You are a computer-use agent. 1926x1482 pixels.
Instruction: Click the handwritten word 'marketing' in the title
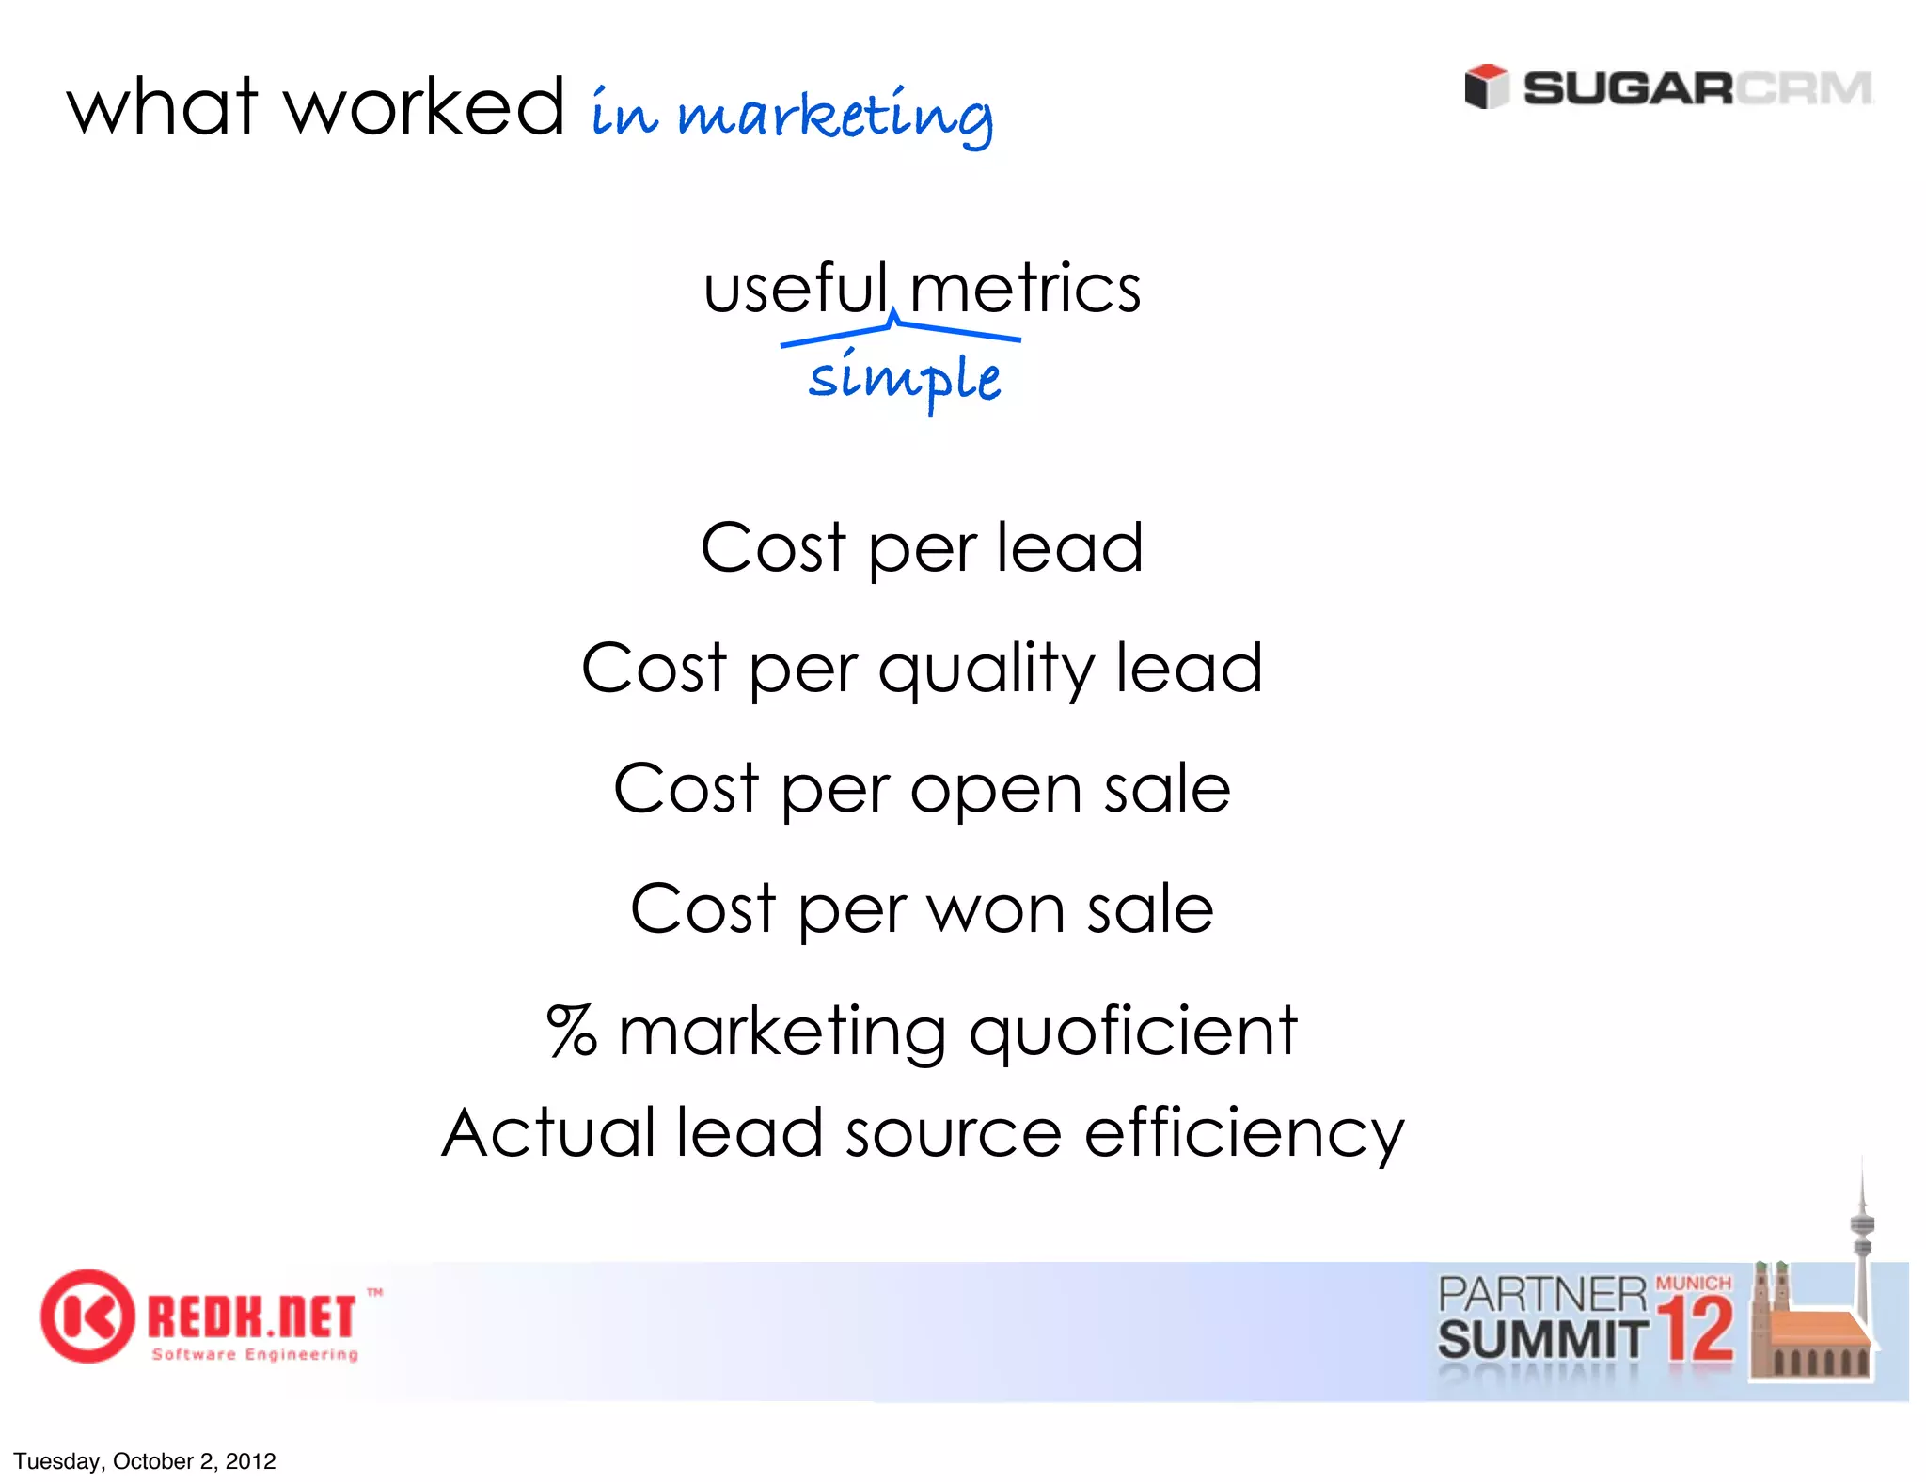tap(834, 117)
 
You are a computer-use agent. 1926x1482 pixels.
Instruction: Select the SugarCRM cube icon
tap(1486, 87)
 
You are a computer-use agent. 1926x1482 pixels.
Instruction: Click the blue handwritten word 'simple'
tap(904, 378)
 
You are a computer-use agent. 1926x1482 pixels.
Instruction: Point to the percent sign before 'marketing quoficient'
tap(572, 1031)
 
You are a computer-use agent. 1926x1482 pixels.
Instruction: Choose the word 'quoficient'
tap(1132, 1033)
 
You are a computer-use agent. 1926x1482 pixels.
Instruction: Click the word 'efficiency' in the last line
tap(1243, 1134)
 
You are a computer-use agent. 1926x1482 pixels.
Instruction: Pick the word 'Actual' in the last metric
tap(548, 1132)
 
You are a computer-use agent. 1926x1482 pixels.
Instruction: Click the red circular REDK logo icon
tap(87, 1316)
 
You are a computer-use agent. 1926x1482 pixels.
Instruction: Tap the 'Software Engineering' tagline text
tap(255, 1354)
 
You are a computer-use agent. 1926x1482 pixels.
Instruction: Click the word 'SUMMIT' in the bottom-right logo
tap(1541, 1339)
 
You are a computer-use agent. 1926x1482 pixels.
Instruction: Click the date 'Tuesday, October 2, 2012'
tap(145, 1460)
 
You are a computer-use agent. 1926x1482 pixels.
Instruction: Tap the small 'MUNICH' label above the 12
tap(1693, 1283)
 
